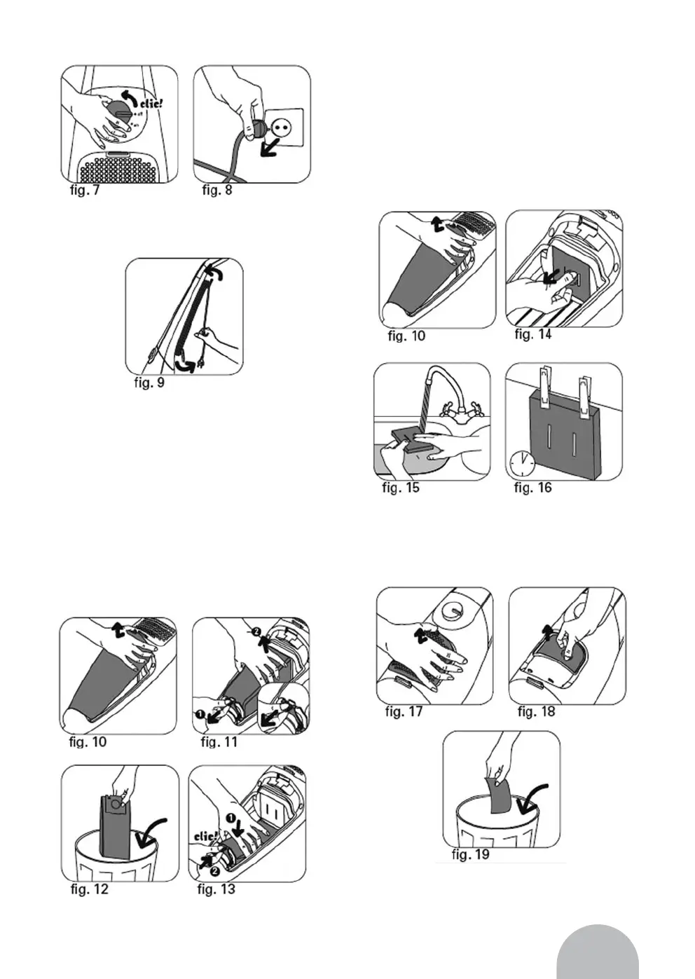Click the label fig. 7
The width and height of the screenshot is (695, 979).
85,190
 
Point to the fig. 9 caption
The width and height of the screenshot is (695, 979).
149,383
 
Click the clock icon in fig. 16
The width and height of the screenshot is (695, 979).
522,463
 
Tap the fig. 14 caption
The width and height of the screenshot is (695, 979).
533,334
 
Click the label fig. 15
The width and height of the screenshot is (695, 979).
401,488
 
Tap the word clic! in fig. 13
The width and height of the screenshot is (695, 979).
206,837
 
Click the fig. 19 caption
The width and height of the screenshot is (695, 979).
471,854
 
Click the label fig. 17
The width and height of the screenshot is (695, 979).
404,712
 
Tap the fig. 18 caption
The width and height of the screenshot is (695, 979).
536,712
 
